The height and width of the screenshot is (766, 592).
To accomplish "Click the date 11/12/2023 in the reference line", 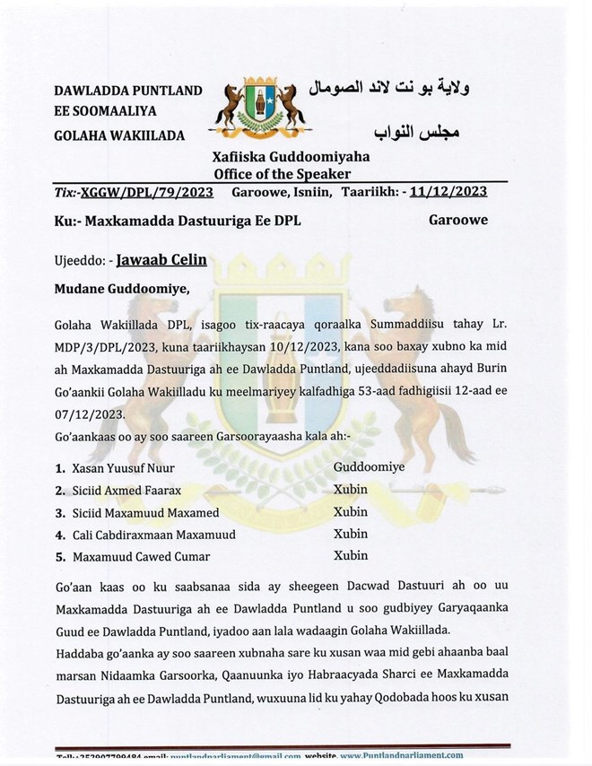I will (448, 190).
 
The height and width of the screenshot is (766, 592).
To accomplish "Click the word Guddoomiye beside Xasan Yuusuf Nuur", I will (370, 467).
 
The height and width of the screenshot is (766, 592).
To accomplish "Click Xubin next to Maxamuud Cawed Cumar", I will (351, 555).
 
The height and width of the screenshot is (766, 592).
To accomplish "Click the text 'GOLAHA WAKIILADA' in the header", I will (119, 135).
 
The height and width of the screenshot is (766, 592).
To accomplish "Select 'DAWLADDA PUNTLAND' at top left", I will (127, 91).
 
